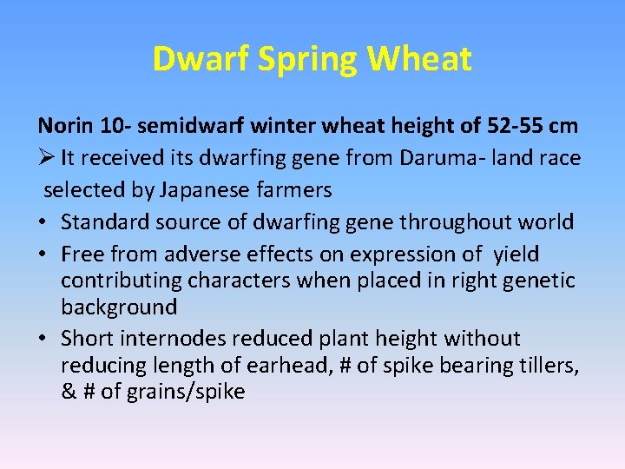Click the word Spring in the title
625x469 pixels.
pos(293,60)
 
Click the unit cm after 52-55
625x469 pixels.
pos(562,126)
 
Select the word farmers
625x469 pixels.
pos(299,189)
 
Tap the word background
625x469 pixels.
pos(119,307)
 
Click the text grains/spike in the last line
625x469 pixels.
pos(185,392)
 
